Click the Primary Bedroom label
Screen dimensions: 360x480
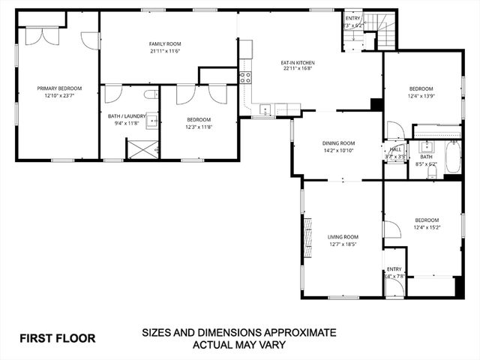[59, 88]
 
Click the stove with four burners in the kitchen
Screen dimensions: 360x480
[244, 76]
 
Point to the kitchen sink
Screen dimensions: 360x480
[265, 110]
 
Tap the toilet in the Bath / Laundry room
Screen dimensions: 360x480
[151, 94]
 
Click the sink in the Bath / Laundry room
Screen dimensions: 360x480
[152, 119]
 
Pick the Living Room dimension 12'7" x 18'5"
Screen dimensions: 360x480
[343, 244]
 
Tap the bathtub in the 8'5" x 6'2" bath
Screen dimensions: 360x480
[452, 158]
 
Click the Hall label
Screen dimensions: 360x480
[395, 148]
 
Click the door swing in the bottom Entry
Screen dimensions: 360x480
[391, 287]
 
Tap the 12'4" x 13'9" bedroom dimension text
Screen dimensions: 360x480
[421, 95]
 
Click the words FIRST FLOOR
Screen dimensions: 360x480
[57, 337]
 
